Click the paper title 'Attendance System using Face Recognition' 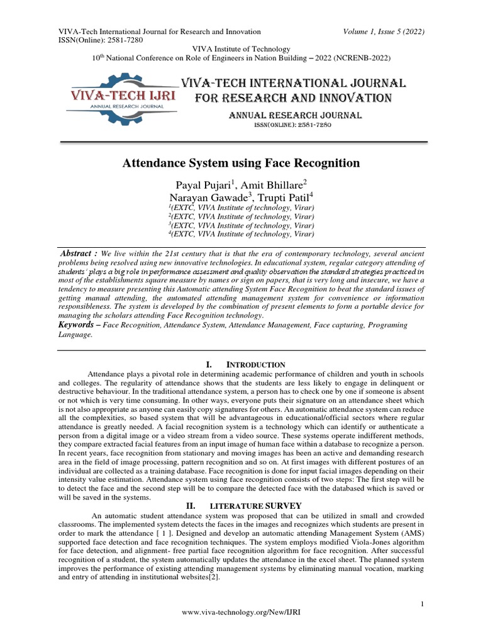(x=240, y=164)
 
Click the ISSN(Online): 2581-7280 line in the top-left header (x=101, y=40)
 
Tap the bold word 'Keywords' (x=78, y=325)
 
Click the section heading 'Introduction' (x=256, y=365)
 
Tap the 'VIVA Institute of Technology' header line (x=241, y=49)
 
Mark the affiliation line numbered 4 (x=241, y=234)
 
